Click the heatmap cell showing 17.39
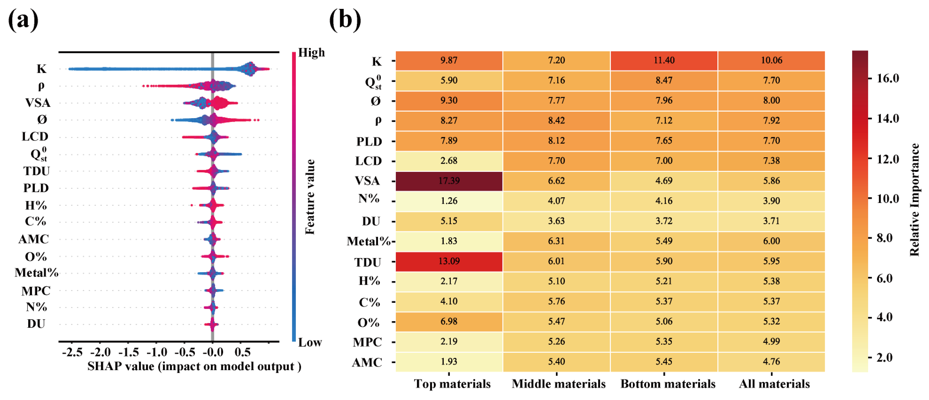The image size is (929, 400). click(449, 181)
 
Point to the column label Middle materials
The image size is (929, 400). click(558, 384)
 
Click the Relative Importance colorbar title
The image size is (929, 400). click(914, 200)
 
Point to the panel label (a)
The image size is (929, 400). click(23, 20)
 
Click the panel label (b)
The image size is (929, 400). click(345, 20)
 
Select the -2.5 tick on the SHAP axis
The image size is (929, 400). click(72, 352)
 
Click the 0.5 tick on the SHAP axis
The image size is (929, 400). click(242, 352)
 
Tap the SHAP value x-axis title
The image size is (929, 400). click(194, 366)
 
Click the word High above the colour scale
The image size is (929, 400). click(311, 53)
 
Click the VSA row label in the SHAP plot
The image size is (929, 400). click(38, 103)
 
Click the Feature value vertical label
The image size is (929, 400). click(310, 197)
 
